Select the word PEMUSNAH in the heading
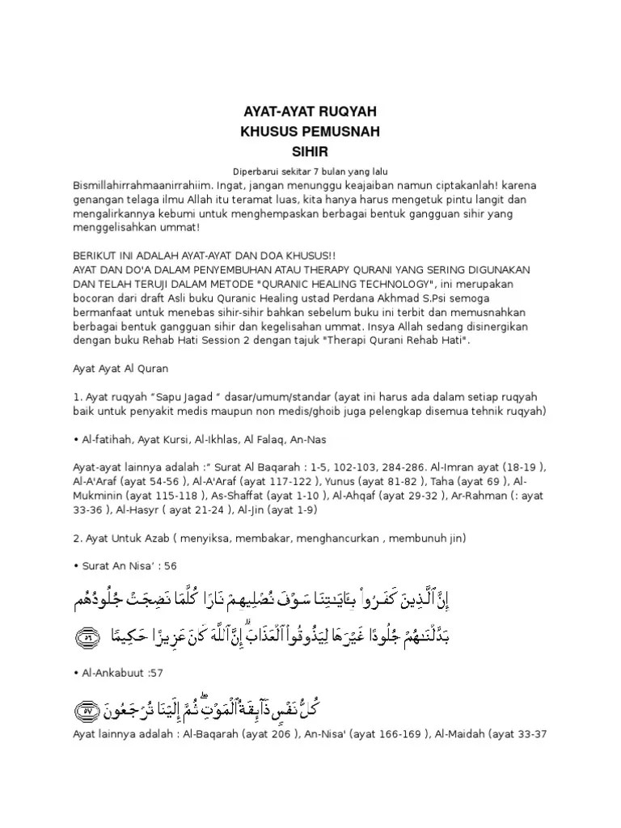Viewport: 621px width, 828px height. [x=333, y=131]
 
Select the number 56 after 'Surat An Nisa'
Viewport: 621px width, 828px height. [x=170, y=564]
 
